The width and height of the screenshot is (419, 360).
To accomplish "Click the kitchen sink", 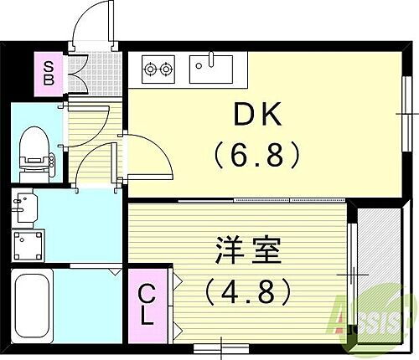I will click(x=210, y=68).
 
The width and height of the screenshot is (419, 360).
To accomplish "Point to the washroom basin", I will click(x=28, y=205).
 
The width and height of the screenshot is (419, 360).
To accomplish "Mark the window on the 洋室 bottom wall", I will click(x=219, y=344).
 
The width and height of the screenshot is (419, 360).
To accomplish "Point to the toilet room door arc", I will click(x=93, y=163).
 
